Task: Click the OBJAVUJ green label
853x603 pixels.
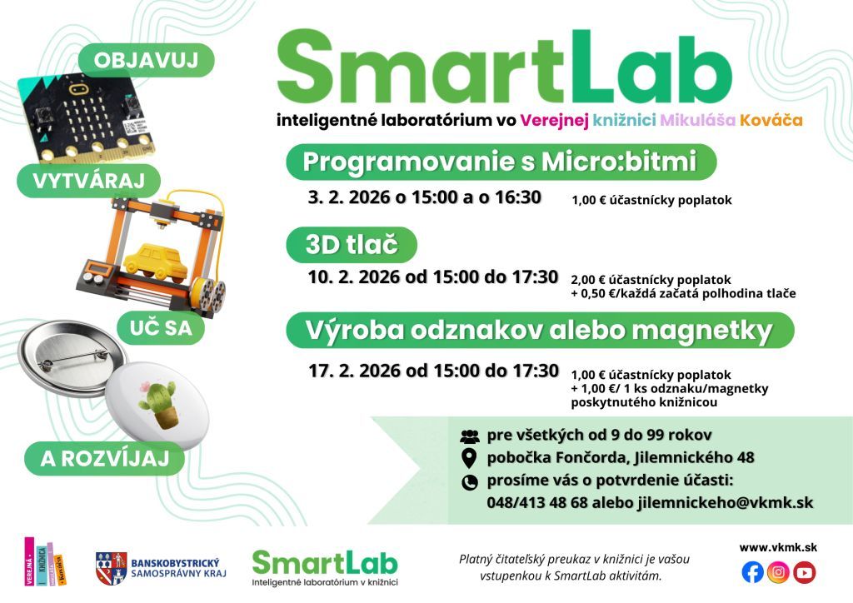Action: tap(147, 60)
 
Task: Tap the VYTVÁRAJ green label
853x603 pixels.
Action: tap(88, 181)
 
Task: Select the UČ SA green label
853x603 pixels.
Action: tap(161, 328)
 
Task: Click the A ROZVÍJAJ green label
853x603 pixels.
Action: tap(104, 458)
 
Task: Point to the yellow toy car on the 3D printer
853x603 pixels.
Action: tap(156, 263)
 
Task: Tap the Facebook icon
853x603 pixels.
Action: tap(752, 572)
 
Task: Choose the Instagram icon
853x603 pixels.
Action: tap(779, 572)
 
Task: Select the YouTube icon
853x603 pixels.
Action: tap(805, 572)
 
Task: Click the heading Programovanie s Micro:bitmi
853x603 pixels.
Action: tap(500, 162)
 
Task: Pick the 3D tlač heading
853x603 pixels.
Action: tap(352, 245)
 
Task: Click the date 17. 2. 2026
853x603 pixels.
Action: tap(355, 371)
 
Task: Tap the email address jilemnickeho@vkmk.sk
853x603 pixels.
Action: tap(726, 502)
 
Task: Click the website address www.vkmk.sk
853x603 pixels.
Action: tap(778, 547)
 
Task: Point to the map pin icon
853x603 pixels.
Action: tap(469, 458)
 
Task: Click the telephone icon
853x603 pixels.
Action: tap(470, 482)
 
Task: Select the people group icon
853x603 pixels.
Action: tap(470, 436)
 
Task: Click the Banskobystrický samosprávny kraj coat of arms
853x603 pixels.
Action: tap(112, 568)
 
